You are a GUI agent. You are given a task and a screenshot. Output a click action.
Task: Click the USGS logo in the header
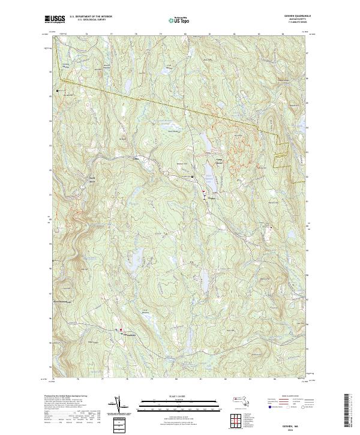pyautogui.click(x=55, y=19)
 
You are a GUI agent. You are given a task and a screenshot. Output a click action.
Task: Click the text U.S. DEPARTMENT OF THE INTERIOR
pyautogui.click(x=90, y=16)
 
